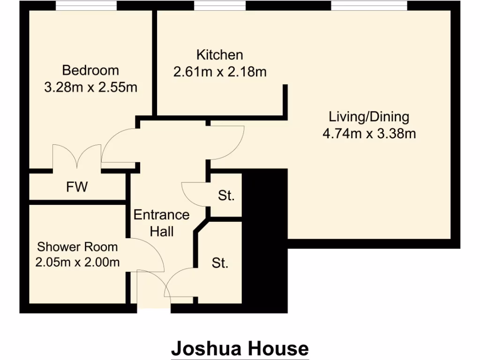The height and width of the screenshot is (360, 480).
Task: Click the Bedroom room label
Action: coord(90,70)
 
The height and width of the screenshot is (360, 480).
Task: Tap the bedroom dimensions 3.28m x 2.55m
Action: coord(90,87)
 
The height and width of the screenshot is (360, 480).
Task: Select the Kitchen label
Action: coord(219,55)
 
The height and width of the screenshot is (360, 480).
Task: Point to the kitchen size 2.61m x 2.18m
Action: coord(219,72)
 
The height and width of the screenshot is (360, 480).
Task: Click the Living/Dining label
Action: coord(369,116)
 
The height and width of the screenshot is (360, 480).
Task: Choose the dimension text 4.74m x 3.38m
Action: coord(369,134)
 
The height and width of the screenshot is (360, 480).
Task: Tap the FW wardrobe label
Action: coord(77,187)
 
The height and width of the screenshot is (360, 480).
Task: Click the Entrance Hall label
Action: coord(162,223)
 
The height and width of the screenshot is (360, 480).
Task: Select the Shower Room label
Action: coord(77,247)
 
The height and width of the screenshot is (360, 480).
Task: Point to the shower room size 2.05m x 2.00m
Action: coord(77,262)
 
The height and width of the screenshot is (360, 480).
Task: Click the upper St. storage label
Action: coord(226,195)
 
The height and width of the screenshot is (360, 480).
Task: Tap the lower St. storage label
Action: coord(220,263)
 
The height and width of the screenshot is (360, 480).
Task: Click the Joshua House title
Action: coord(240,349)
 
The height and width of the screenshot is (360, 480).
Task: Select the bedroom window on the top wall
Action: coord(86,6)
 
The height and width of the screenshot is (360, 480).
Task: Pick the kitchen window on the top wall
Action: coord(220,6)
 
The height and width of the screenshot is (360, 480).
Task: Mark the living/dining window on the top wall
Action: coord(369,6)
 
